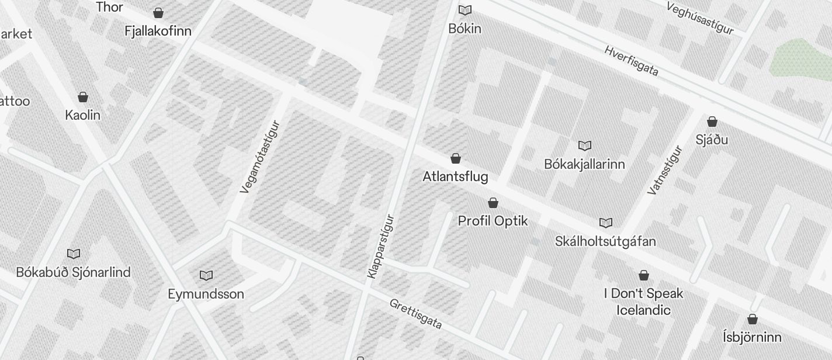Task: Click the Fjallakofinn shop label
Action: pos(158,31)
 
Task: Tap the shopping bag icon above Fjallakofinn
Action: pos(158,12)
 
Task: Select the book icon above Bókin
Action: pos(465,10)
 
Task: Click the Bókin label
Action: pos(465,28)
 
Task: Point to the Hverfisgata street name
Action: pos(632,61)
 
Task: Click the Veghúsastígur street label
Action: pos(699,18)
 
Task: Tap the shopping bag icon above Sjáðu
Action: pos(712,122)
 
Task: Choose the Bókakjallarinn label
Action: pos(584,164)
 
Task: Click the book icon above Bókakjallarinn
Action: pos(585,146)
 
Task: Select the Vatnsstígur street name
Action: pos(665,170)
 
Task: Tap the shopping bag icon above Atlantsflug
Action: pos(456,158)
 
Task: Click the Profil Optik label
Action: pos(493,221)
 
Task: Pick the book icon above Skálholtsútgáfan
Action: pos(606,223)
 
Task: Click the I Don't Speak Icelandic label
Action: pos(643,302)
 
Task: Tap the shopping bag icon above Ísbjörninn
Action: pos(753,319)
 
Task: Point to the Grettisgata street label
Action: pos(415,314)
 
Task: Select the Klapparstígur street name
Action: pos(381,247)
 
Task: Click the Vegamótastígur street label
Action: pos(260,157)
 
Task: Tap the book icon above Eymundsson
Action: pos(206,275)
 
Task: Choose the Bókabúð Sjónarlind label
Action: pos(73,272)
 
